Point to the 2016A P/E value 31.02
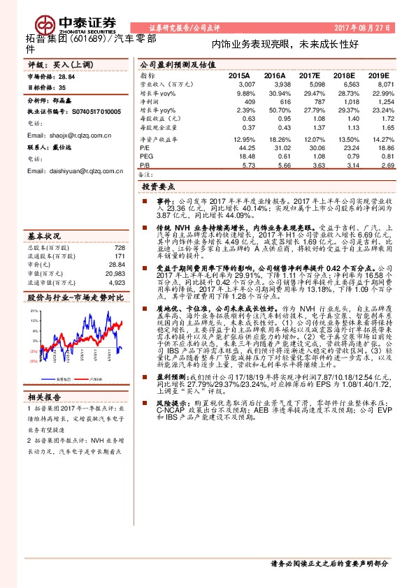(276, 148)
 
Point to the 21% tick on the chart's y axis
(33, 309)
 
